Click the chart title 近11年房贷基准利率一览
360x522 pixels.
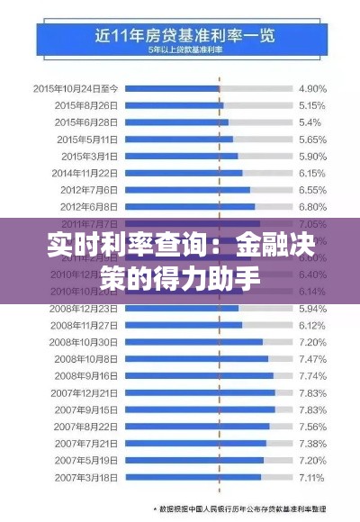(x=180, y=37)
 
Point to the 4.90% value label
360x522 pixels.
(x=311, y=88)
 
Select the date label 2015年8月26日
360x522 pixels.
(x=87, y=105)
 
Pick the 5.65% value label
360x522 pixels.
(x=311, y=139)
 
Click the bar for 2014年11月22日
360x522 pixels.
(x=184, y=172)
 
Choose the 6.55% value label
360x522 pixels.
(x=311, y=189)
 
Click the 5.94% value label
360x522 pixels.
(x=311, y=307)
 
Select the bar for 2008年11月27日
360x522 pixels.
(x=184, y=324)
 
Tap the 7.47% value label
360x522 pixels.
(x=311, y=358)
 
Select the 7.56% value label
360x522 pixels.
(x=311, y=426)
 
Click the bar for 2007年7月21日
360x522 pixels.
(x=197, y=443)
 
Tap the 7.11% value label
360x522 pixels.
(x=311, y=476)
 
